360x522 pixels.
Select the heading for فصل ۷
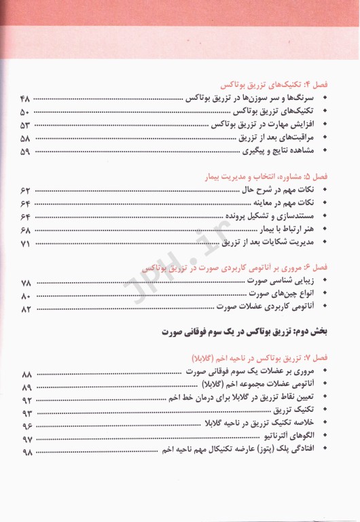(260, 357)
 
